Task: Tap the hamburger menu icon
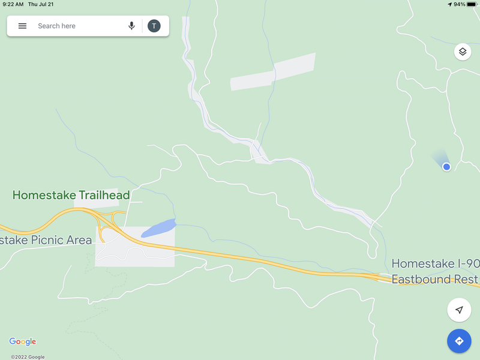22,26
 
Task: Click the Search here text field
72,26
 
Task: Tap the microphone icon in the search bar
131,26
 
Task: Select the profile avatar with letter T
154,26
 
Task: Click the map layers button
462,52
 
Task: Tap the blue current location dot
446,167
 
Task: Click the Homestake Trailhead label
71,195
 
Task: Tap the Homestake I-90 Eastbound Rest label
434,271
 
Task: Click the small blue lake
158,228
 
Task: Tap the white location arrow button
459,310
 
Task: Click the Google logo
23,342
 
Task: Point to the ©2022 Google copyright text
28,357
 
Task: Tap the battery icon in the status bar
472,4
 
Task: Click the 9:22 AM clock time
13,4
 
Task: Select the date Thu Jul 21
41,4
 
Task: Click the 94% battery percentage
459,4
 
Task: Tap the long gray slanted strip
273,72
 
